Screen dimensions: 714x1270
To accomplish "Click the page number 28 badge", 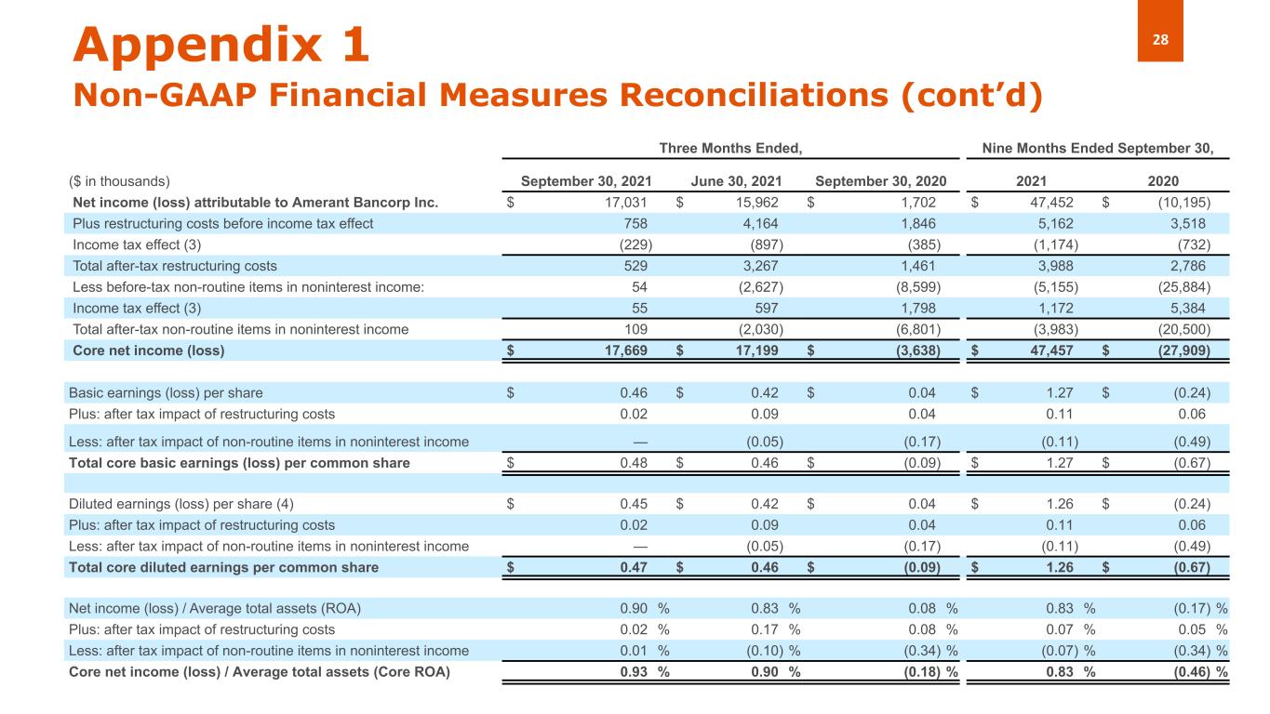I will tap(1159, 40).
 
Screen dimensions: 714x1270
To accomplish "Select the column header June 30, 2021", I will tap(737, 181).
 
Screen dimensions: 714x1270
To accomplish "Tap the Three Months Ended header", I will tap(730, 147).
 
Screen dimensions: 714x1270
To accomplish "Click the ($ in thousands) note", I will tap(120, 181).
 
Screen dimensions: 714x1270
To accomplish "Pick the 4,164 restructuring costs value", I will tap(760, 223).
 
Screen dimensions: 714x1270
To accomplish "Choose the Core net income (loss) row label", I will tap(149, 350).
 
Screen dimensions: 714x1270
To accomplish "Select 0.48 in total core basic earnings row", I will tap(634, 463).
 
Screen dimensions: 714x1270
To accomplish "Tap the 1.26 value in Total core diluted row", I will tap(1060, 567).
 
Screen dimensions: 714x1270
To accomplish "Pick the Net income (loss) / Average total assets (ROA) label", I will tap(215, 609).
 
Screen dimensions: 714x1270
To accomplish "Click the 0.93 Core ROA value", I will tap(634, 672).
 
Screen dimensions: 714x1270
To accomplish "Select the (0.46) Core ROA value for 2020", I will tap(1192, 672).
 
